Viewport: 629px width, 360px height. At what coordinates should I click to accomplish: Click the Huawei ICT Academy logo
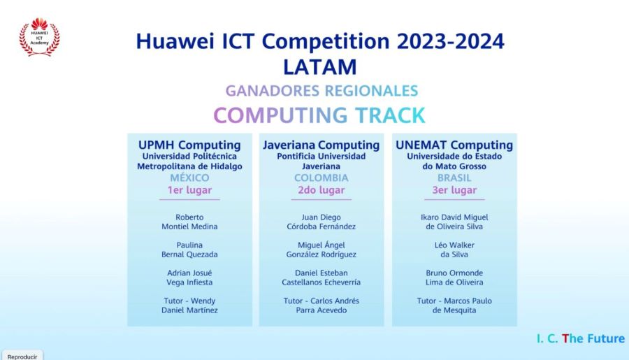click(39, 37)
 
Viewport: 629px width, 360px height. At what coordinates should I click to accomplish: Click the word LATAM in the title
click(319, 67)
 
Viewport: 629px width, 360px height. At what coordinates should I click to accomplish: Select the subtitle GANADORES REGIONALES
click(321, 91)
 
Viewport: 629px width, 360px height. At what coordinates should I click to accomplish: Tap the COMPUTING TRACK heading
click(319, 115)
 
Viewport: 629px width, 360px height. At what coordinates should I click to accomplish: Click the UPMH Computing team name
click(189, 145)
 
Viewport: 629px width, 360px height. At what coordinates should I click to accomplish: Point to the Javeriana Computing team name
click(321, 145)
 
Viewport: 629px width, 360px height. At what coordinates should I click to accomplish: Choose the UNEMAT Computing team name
click(454, 145)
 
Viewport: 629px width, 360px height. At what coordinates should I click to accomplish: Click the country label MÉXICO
click(189, 178)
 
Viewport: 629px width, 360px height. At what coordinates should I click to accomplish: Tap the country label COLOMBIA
click(321, 178)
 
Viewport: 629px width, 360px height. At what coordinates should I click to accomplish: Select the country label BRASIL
click(454, 178)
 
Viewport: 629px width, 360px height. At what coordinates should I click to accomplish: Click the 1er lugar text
click(189, 190)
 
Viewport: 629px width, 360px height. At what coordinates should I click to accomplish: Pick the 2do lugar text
click(321, 190)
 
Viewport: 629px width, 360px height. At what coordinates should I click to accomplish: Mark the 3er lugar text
click(454, 190)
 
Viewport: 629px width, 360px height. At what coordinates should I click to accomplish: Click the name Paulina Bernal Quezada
click(189, 250)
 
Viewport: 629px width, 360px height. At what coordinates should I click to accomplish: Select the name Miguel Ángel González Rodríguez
click(321, 250)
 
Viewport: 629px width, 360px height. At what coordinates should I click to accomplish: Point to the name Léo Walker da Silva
click(454, 250)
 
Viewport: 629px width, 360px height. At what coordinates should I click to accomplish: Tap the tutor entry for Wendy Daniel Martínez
click(189, 305)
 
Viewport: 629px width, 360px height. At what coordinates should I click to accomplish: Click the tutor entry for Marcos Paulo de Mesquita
click(454, 305)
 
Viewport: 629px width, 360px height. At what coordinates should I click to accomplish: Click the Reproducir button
click(22, 356)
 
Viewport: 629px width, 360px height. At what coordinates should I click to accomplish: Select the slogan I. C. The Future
click(581, 339)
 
